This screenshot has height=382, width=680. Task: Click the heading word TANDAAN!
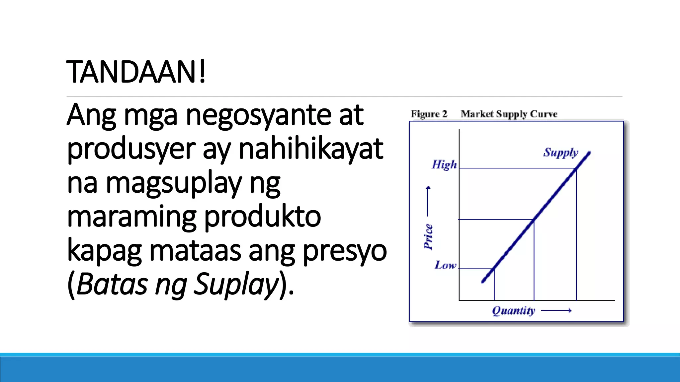[136, 72]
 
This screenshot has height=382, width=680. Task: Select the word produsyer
[131, 149]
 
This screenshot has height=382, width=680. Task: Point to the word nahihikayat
[311, 149]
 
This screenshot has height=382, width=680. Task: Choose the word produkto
[262, 217]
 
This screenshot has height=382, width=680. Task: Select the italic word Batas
[112, 285]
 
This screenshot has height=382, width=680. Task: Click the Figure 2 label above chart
[429, 114]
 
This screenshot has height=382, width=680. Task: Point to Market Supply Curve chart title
[509, 114]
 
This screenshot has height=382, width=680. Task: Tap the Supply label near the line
[561, 153]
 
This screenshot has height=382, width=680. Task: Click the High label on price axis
[444, 164]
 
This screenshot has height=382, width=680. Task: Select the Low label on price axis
[445, 265]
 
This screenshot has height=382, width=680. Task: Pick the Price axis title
[428, 236]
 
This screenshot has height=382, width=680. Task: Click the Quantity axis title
[514, 311]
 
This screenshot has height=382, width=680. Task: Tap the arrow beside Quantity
[556, 311]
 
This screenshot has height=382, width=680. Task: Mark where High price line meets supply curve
[576, 168]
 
